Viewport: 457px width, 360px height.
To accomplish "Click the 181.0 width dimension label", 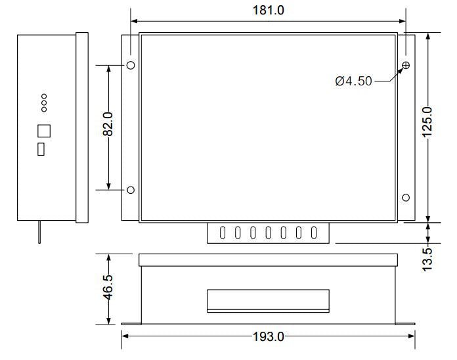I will [268, 11].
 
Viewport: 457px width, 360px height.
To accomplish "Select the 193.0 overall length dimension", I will [268, 337].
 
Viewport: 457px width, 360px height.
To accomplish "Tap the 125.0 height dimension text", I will [427, 122].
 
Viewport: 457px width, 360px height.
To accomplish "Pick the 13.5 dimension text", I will [427, 259].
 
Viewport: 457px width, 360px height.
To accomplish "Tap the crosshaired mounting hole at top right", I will [406, 65].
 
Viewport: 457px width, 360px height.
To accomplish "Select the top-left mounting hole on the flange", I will [131, 65].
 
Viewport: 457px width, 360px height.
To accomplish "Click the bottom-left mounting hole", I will [131, 190].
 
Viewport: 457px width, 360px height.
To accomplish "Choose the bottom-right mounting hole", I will [406, 197].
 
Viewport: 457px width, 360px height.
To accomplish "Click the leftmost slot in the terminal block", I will [223, 232].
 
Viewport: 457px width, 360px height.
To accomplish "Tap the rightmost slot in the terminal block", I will [314, 232].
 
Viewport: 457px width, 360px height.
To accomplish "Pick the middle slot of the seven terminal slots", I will [269, 232].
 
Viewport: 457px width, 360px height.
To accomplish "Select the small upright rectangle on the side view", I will [41, 149].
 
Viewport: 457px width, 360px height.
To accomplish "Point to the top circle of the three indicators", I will [44, 96].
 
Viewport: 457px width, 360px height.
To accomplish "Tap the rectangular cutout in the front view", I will [267, 300].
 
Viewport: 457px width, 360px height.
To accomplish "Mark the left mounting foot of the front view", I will [131, 323].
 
